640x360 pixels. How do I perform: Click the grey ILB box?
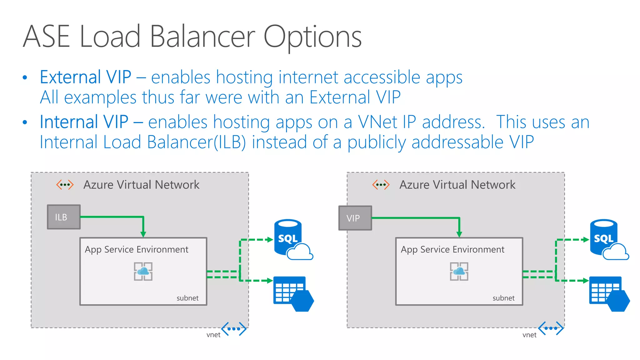pos(64,217)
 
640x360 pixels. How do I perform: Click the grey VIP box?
pos(355,218)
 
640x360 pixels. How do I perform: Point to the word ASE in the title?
pos(46,37)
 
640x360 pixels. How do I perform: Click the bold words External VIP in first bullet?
pos(85,77)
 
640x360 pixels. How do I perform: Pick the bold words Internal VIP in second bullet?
pos(84,122)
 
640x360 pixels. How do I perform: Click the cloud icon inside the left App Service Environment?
pos(143,271)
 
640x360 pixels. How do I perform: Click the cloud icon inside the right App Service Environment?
pos(459,271)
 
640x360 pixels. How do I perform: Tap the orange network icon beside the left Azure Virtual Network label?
pos(65,185)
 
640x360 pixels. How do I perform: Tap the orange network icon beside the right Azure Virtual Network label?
pos(381,185)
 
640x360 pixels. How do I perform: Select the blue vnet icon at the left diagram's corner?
pos(234,329)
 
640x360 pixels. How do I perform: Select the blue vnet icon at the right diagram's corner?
pos(551,328)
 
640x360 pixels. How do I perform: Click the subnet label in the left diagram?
pos(187,298)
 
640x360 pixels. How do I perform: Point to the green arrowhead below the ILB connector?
pos(143,234)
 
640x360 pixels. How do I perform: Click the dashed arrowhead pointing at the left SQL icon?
pos(270,240)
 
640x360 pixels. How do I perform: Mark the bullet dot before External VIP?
pos(25,78)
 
